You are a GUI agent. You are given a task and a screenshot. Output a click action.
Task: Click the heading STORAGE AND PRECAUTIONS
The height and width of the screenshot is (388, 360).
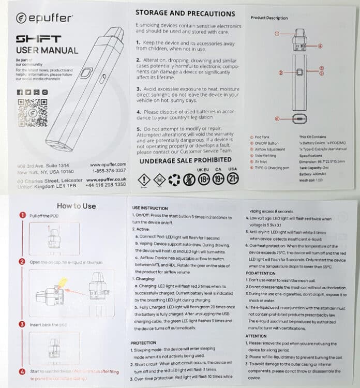click(x=185, y=13)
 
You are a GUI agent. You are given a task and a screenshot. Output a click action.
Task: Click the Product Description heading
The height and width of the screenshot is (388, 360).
click(x=269, y=18)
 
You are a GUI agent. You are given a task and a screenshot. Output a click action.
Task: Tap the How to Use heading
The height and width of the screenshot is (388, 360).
click(x=76, y=206)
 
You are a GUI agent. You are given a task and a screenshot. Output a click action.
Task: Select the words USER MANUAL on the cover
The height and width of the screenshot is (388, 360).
click(x=47, y=50)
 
